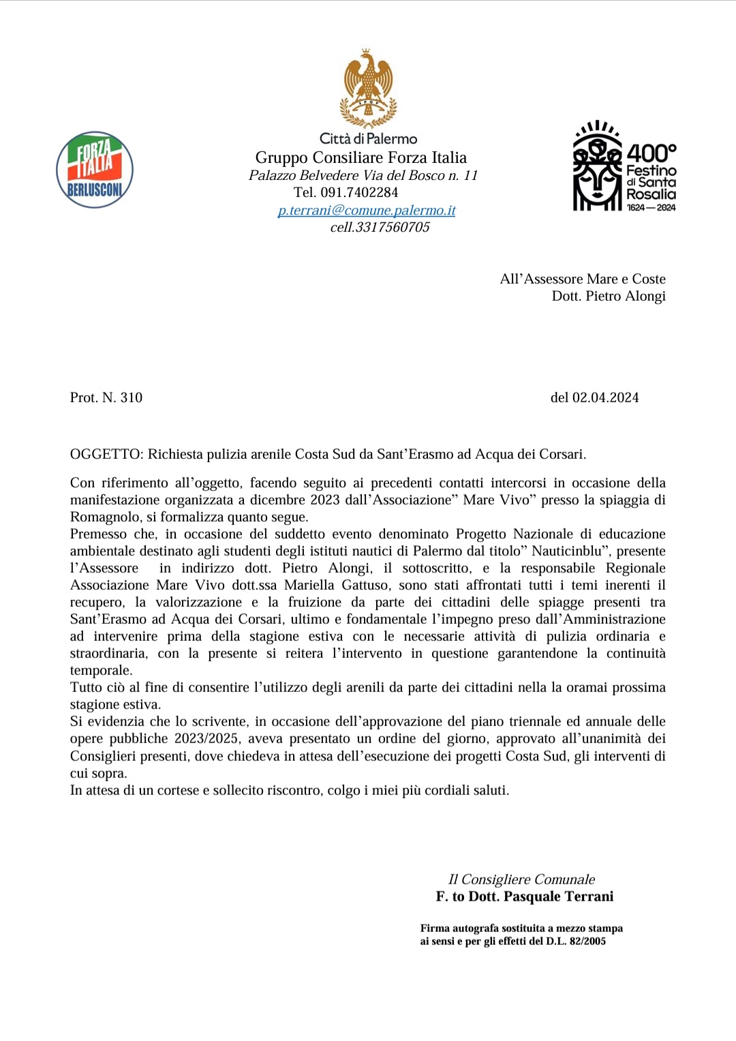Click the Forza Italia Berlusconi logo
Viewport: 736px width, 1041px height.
(95, 170)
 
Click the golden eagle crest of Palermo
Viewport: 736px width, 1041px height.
(368, 89)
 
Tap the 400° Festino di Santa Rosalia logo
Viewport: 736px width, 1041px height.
(624, 167)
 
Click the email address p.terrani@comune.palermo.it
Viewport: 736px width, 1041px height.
(367, 211)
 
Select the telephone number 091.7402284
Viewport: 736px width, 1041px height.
(359, 193)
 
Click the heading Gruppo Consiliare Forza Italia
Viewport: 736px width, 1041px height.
(361, 158)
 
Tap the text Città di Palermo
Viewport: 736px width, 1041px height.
(368, 139)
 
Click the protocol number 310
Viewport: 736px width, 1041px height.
(131, 398)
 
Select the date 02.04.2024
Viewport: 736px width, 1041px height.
(605, 398)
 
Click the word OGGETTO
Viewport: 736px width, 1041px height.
(106, 455)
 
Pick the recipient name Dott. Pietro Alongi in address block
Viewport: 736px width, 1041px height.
(609, 297)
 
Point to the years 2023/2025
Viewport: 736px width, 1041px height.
(206, 739)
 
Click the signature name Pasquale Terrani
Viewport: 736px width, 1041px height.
(558, 897)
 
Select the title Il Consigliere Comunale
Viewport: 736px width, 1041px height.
(521, 880)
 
